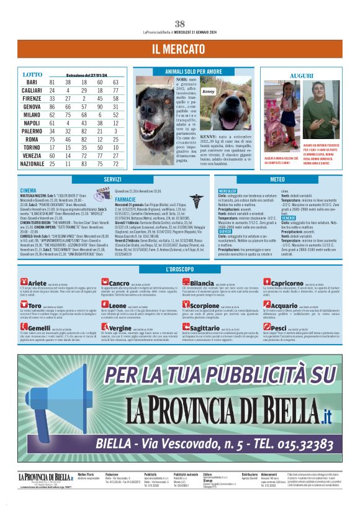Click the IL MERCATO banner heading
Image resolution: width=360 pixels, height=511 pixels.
(179, 49)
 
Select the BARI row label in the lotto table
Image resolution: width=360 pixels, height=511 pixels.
(32, 83)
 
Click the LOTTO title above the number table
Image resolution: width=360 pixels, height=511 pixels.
(32, 75)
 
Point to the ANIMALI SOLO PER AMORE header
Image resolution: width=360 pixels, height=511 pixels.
(193, 72)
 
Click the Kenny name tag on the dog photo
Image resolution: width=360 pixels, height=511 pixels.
(209, 91)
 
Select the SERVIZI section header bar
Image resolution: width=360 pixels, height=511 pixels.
(112, 179)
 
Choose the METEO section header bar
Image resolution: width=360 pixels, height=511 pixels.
(277, 179)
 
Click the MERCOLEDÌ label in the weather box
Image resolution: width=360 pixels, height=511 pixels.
(228, 191)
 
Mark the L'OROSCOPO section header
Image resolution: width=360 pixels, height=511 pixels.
(179, 269)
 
